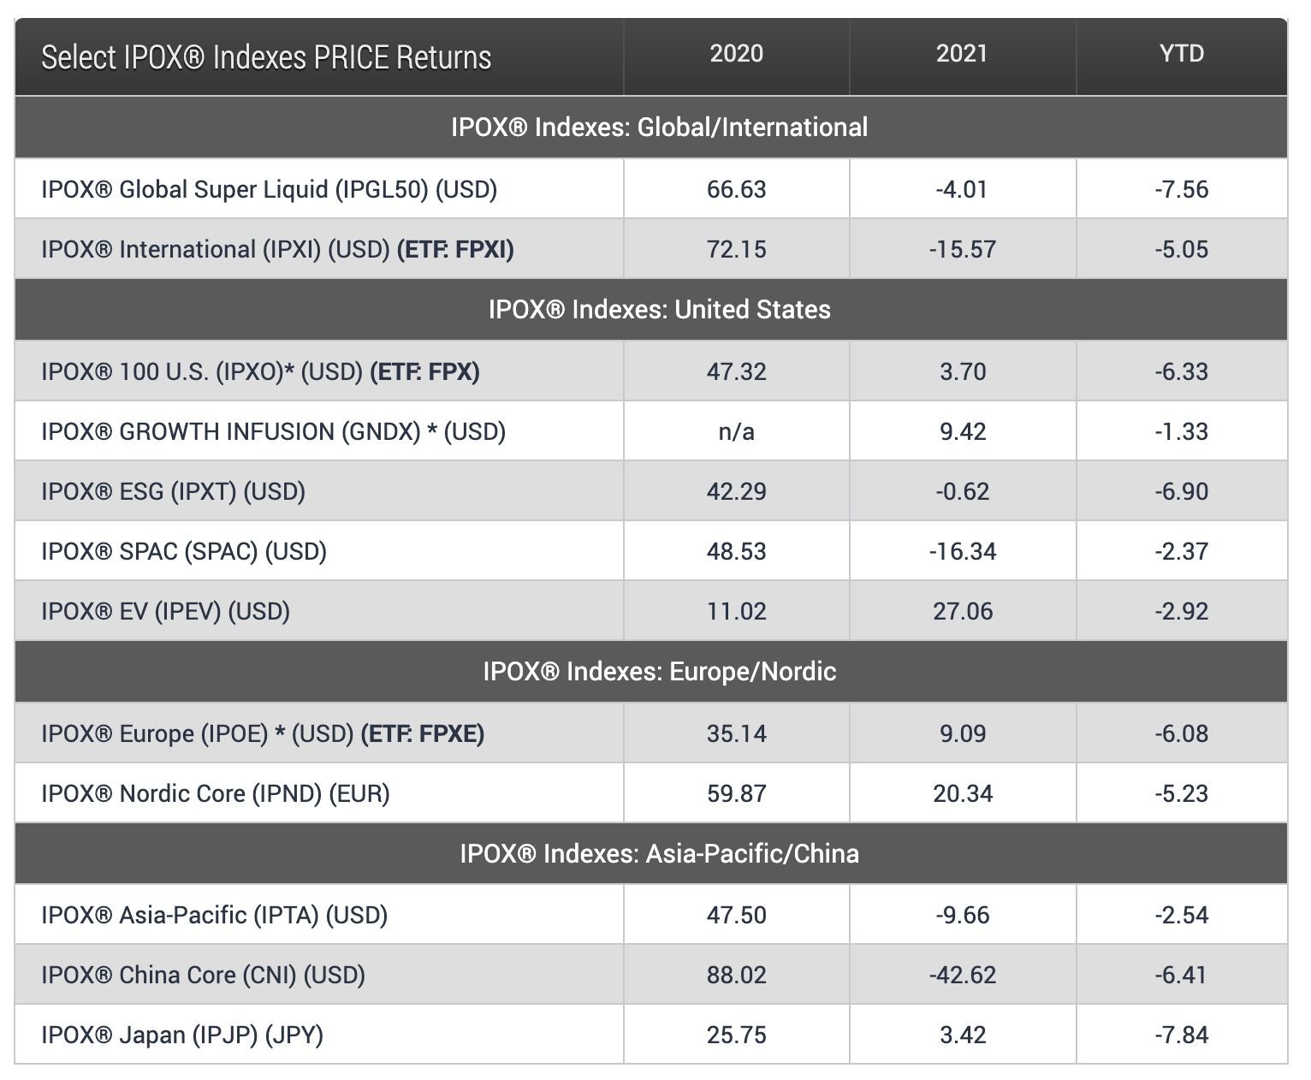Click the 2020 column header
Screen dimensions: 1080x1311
pyautogui.click(x=736, y=53)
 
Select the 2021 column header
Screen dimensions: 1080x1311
pyautogui.click(x=962, y=53)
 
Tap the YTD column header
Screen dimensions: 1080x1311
pyautogui.click(x=1181, y=53)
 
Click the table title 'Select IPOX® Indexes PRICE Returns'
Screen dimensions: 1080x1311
pyautogui.click(x=266, y=57)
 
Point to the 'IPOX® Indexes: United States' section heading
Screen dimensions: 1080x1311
pyautogui.click(x=659, y=309)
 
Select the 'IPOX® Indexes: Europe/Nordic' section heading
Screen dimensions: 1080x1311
pyautogui.click(x=659, y=671)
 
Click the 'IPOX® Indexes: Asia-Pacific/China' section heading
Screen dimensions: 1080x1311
pyautogui.click(x=659, y=853)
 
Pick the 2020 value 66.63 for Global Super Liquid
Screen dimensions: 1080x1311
pyautogui.click(x=736, y=188)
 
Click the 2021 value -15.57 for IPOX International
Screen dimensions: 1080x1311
pyautogui.click(x=962, y=249)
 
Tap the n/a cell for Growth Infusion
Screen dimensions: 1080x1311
pyautogui.click(x=736, y=431)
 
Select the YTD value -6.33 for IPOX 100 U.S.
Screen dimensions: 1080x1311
pyautogui.click(x=1181, y=371)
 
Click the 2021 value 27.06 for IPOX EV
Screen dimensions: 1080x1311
pyautogui.click(x=962, y=611)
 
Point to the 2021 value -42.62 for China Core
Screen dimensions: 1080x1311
pyautogui.click(x=962, y=975)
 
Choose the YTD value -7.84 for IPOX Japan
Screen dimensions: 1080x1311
pyautogui.click(x=1181, y=1035)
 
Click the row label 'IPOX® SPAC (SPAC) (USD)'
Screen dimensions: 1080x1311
pyautogui.click(x=184, y=551)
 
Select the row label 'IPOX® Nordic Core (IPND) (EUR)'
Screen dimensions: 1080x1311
pyautogui.click(x=216, y=793)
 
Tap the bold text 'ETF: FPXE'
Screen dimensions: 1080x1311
pyautogui.click(x=423, y=733)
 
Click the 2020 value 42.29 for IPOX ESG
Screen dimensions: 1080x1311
pyautogui.click(x=736, y=491)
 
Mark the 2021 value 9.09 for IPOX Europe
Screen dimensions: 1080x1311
pyautogui.click(x=962, y=733)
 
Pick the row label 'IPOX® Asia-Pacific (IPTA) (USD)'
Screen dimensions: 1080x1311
pyautogui.click(x=214, y=915)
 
